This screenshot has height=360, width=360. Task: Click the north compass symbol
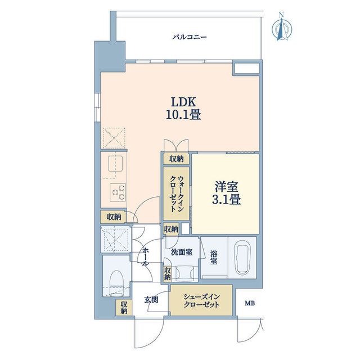tap(282, 28)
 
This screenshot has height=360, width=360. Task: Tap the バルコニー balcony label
tap(190, 37)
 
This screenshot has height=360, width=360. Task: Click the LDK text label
tap(183, 102)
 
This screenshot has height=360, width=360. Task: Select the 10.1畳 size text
tap(183, 115)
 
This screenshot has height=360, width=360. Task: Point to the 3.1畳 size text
tap(226, 200)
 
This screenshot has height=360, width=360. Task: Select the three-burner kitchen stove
tap(118, 192)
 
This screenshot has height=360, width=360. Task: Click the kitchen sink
tap(116, 164)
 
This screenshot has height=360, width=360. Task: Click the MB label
tap(250, 304)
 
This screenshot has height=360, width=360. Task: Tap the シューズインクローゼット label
tap(201, 301)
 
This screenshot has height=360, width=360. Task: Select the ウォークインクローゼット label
tap(177, 193)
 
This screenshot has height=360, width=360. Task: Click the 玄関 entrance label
tap(151, 300)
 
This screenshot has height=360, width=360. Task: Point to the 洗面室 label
tap(182, 252)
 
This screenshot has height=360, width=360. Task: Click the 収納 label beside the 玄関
tap(124, 307)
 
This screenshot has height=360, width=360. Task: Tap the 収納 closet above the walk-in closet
tap(176, 159)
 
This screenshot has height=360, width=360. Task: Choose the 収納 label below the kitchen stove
tap(114, 217)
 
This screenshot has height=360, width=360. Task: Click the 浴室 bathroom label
tap(214, 258)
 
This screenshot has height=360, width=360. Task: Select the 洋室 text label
tap(226, 187)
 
